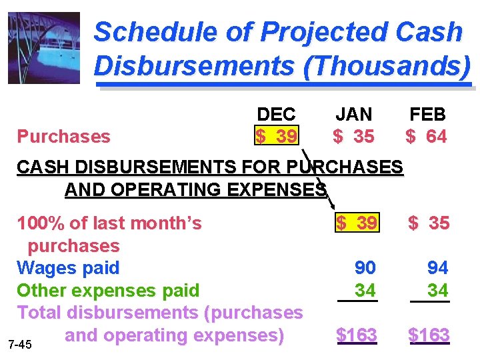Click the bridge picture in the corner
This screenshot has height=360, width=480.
pos(43,48)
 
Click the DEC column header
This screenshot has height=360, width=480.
pos(276,115)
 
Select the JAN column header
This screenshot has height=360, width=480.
pos(353,115)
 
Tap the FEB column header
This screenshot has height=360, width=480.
pos(427,115)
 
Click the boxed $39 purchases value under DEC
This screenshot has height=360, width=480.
pos(277,136)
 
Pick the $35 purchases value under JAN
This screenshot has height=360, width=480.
pos(354,136)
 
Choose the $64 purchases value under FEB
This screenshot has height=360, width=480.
pos(427,136)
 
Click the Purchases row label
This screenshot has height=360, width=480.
pos(63,137)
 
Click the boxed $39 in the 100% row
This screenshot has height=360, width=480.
pos(357,223)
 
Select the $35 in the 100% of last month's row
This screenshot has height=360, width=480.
pos(429,223)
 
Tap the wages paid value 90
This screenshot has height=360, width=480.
pos(365,268)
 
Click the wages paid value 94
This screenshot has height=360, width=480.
pos(437,268)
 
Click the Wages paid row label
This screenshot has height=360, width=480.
pos(68,268)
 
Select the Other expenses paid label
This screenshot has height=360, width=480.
pos(108,291)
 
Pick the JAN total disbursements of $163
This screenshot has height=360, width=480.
pos(357,335)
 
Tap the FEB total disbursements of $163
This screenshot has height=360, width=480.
pos(429,335)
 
